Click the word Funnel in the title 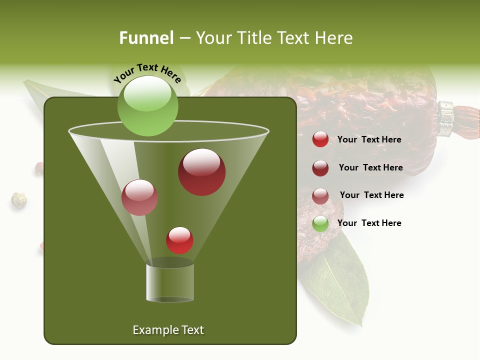tap(146, 38)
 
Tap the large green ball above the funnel tap(147, 105)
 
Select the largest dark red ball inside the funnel tap(201, 172)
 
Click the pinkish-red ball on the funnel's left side tap(139, 197)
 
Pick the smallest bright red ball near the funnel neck tap(179, 240)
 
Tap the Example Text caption tap(168, 330)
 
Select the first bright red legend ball tap(320, 139)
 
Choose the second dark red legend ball tap(320, 168)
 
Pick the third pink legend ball tap(320, 196)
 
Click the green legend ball tap(320, 223)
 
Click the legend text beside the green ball tap(369, 223)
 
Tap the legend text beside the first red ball tap(369, 139)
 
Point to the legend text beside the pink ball tap(371, 195)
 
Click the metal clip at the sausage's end tap(446, 118)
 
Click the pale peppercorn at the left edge tap(18, 199)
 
